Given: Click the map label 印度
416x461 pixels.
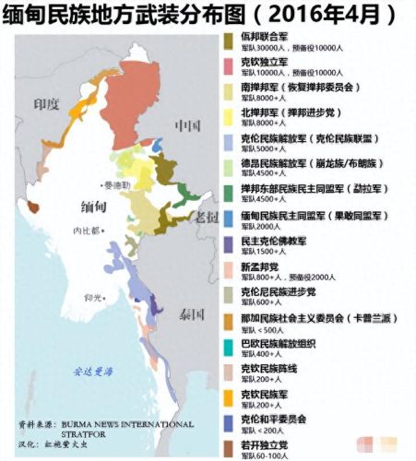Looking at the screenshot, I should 45,104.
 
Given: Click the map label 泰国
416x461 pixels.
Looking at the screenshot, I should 191,313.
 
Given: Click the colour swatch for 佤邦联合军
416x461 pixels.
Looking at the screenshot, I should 228,41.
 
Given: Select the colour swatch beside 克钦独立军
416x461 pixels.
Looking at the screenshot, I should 228,66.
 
